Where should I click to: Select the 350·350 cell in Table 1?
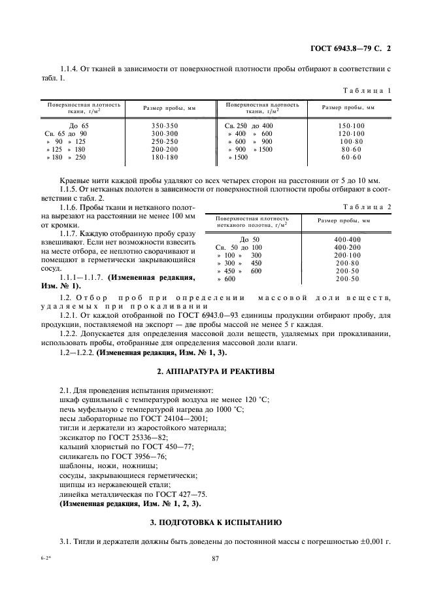coord(164,125)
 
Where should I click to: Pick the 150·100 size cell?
coord(352,125)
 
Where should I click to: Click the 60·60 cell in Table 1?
coord(352,158)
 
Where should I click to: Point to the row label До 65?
coord(82,125)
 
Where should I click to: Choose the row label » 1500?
coord(239,158)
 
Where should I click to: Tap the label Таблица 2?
coord(369,207)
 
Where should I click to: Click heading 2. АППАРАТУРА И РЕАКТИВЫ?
coord(216,371)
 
